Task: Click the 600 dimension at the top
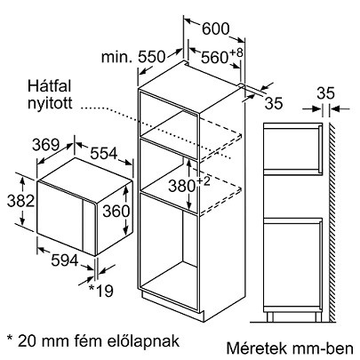(x=216, y=28)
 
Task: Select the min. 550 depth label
(x=132, y=57)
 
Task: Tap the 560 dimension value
(x=214, y=57)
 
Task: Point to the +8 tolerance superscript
(x=236, y=53)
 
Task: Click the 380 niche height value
(x=181, y=187)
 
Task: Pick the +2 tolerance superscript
(x=203, y=181)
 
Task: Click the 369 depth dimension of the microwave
(x=46, y=145)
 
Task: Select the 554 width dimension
(x=104, y=153)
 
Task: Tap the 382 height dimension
(x=20, y=201)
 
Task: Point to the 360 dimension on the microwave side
(x=116, y=212)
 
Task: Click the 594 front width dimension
(x=65, y=260)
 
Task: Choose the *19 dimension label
(x=101, y=291)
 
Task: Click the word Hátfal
(x=50, y=86)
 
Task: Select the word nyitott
(x=50, y=103)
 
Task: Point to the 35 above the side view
(x=325, y=93)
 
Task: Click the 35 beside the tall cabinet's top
(x=274, y=103)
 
